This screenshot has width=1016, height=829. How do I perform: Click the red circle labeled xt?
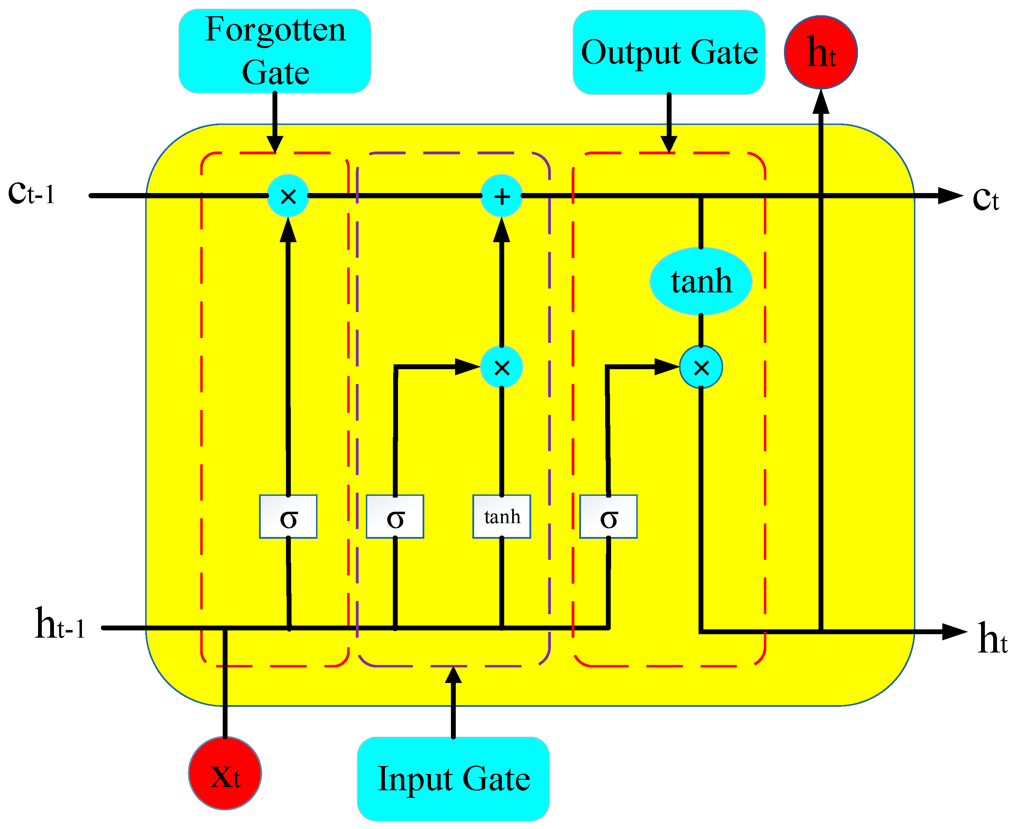point(225,773)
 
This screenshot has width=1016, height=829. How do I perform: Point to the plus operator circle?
point(501,196)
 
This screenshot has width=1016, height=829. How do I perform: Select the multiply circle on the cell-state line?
point(288,196)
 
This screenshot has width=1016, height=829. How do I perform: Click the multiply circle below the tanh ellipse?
point(701,367)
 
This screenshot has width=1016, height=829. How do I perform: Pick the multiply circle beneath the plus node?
point(501,367)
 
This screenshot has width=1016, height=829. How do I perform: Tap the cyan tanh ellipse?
point(701,281)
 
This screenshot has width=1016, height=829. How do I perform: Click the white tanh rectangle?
point(501,516)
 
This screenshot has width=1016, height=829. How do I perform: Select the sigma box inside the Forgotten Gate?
point(288,516)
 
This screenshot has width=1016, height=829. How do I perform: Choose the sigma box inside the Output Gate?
point(608,516)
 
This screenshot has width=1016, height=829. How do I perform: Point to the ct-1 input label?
point(31,193)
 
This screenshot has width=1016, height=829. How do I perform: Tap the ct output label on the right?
point(986,198)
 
